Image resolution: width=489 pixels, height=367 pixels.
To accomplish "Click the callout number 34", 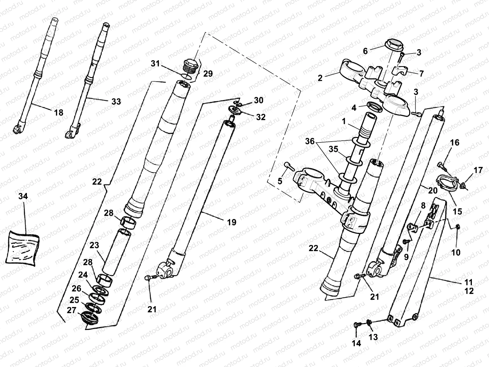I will [x=23, y=196].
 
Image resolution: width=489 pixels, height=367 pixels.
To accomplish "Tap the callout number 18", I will [x=58, y=113].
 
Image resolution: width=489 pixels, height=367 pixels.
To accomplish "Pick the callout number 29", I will [x=208, y=74].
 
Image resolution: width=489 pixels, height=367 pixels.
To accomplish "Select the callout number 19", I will [x=232, y=222].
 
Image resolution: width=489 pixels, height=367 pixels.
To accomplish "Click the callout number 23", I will [x=95, y=245].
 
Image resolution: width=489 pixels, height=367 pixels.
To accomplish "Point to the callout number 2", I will [x=320, y=78].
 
